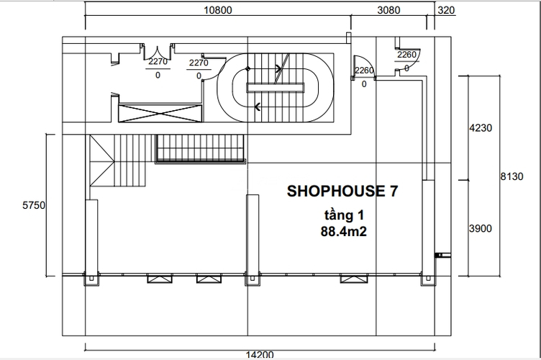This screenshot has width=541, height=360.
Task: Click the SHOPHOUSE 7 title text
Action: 342,192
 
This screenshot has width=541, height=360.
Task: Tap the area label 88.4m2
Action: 342,232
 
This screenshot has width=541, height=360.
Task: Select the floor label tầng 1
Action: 342,216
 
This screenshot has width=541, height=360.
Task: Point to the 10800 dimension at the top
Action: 219,10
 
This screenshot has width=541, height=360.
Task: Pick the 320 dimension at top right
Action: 446,10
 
